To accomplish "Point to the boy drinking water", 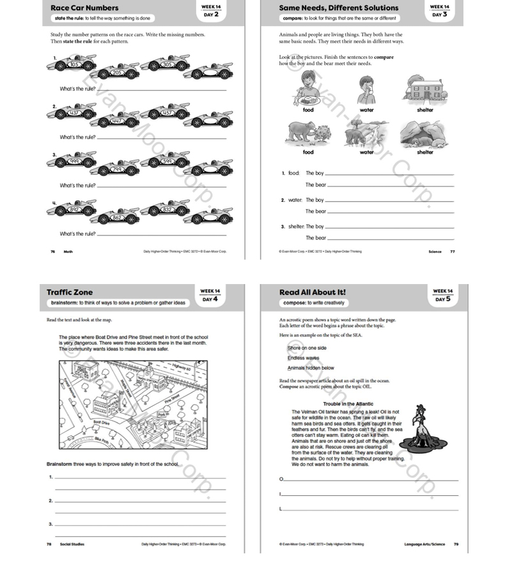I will click(x=366, y=89).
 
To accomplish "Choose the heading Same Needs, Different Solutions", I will click(x=339, y=8).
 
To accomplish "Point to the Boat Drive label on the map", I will click(x=102, y=423).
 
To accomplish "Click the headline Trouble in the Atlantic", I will click(x=348, y=404).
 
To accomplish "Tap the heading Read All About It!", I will click(x=313, y=292).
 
